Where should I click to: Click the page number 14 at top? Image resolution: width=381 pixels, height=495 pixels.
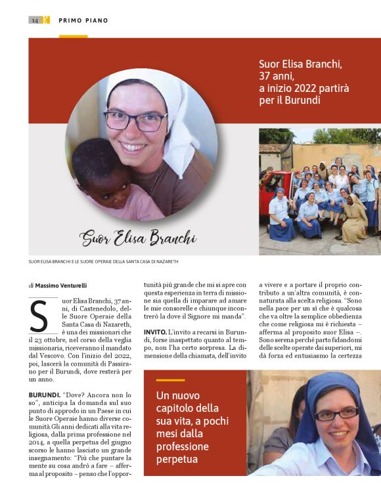point(34,20)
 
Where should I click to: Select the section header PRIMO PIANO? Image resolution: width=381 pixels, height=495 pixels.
point(83,20)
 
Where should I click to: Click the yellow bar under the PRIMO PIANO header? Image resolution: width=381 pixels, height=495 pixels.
point(73,36)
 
